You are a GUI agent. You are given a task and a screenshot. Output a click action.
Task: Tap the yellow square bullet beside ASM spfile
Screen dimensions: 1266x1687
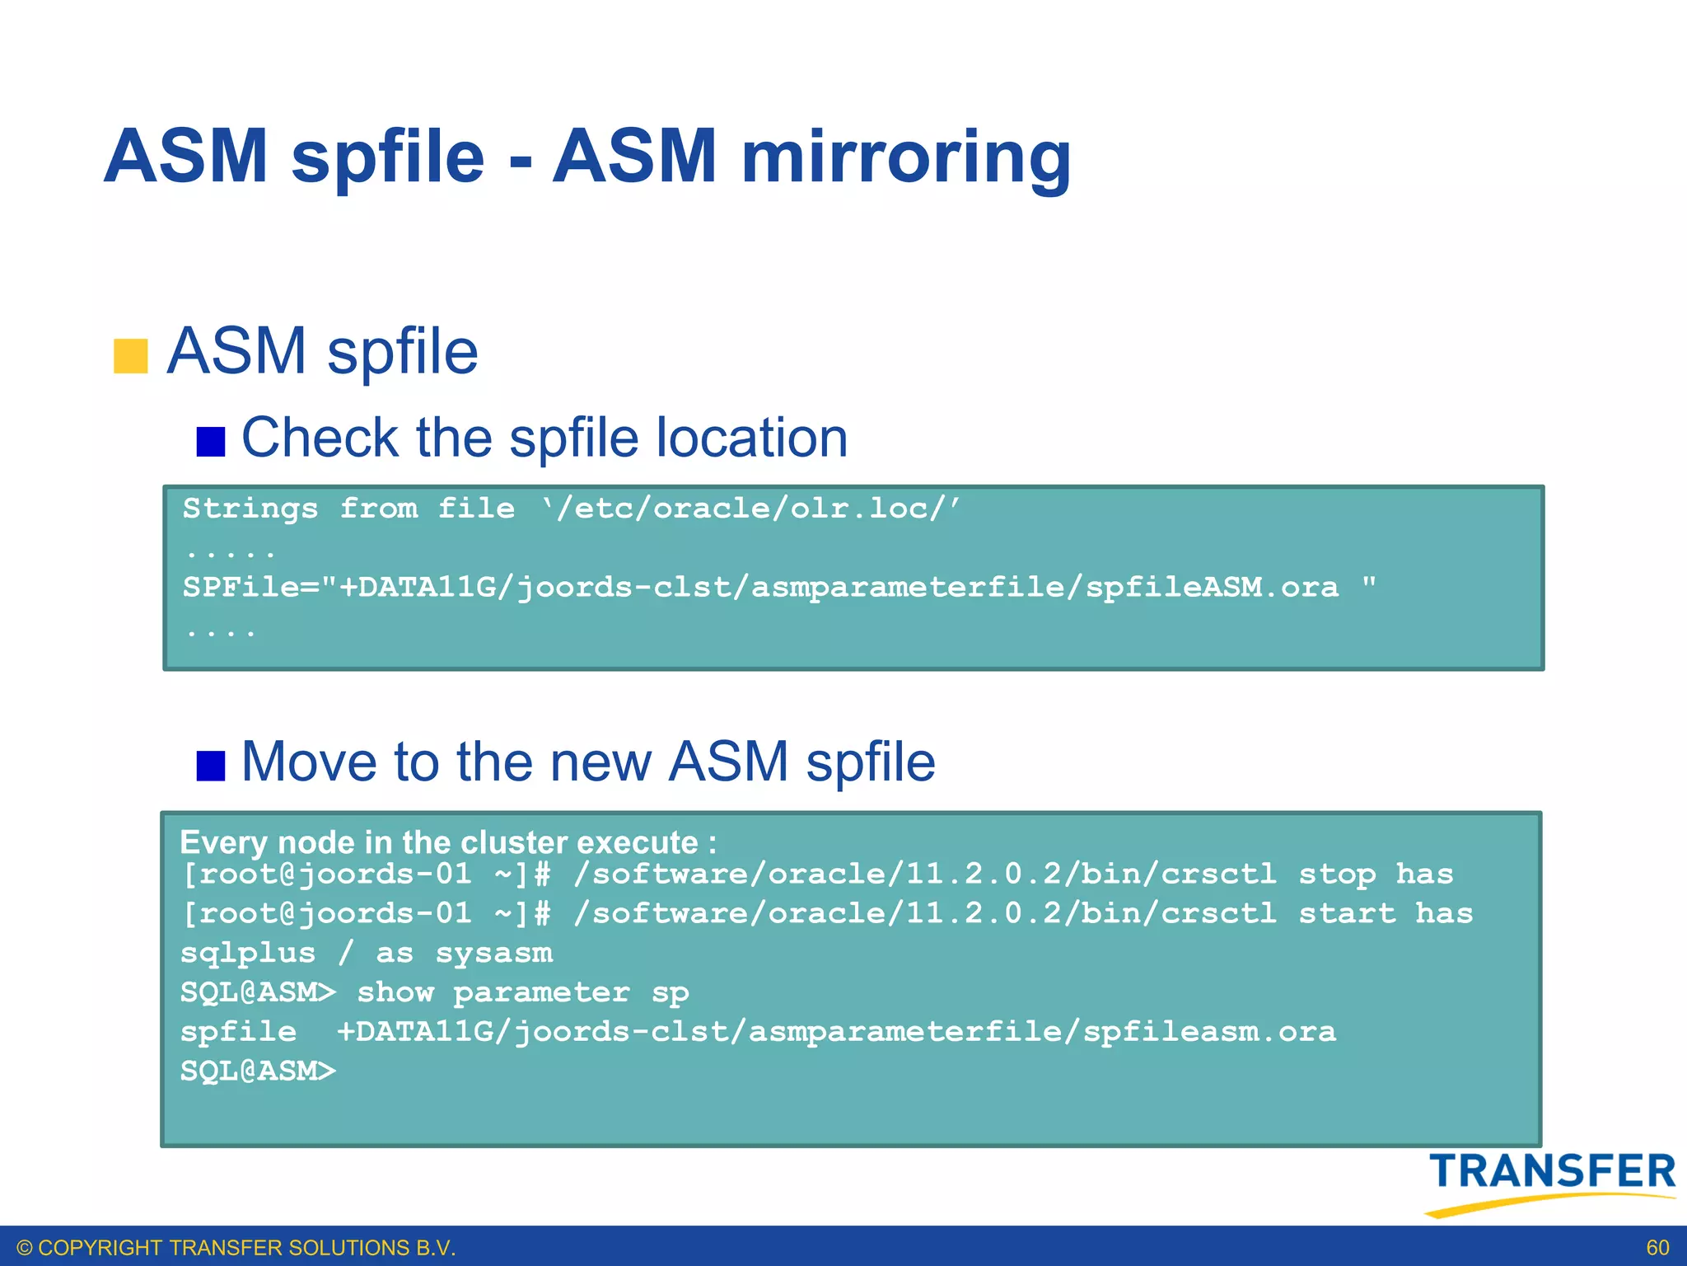coord(130,356)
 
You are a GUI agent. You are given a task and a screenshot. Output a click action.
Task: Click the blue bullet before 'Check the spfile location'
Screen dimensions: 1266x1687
coord(211,441)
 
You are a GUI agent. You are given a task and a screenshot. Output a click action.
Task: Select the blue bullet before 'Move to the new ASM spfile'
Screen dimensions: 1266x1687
coord(211,765)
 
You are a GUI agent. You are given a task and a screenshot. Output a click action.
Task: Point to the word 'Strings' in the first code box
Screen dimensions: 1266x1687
coord(250,509)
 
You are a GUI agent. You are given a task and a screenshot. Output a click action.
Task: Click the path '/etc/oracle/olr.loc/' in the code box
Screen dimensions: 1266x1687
coord(751,509)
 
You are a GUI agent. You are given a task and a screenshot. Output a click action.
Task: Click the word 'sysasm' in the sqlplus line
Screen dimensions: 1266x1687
coord(494,953)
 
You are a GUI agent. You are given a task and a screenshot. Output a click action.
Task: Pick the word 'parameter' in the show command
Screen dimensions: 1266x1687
coord(541,992)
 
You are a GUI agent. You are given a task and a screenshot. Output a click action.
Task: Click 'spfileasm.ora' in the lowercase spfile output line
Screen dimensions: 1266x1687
coord(1209,1032)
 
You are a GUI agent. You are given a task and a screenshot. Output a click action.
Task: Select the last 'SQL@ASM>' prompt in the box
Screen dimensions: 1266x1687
coord(258,1071)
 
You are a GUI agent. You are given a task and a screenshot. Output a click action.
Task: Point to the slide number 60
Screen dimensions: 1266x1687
coord(1657,1248)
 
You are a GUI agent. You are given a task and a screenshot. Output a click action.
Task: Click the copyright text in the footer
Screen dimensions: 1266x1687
coord(236,1248)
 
